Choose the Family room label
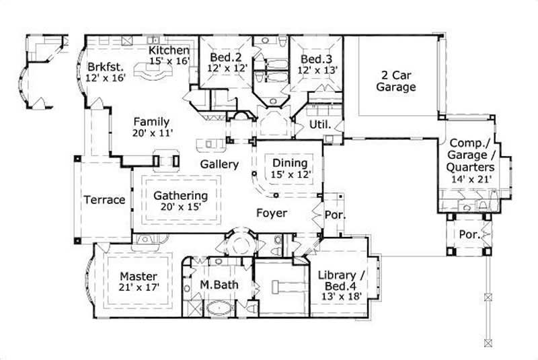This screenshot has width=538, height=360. pyautogui.click(x=151, y=122)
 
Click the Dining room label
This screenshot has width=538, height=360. pyautogui.click(x=290, y=163)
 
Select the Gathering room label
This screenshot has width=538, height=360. pyautogui.click(x=180, y=196)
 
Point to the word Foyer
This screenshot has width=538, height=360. pyautogui.click(x=272, y=213)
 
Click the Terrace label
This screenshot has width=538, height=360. pyautogui.click(x=104, y=200)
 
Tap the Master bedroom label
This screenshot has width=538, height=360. pyautogui.click(x=139, y=276)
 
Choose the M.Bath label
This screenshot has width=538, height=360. pyautogui.click(x=219, y=285)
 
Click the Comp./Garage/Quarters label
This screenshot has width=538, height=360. pyautogui.click(x=473, y=155)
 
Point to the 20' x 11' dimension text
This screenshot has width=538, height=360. pyautogui.click(x=153, y=133)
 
